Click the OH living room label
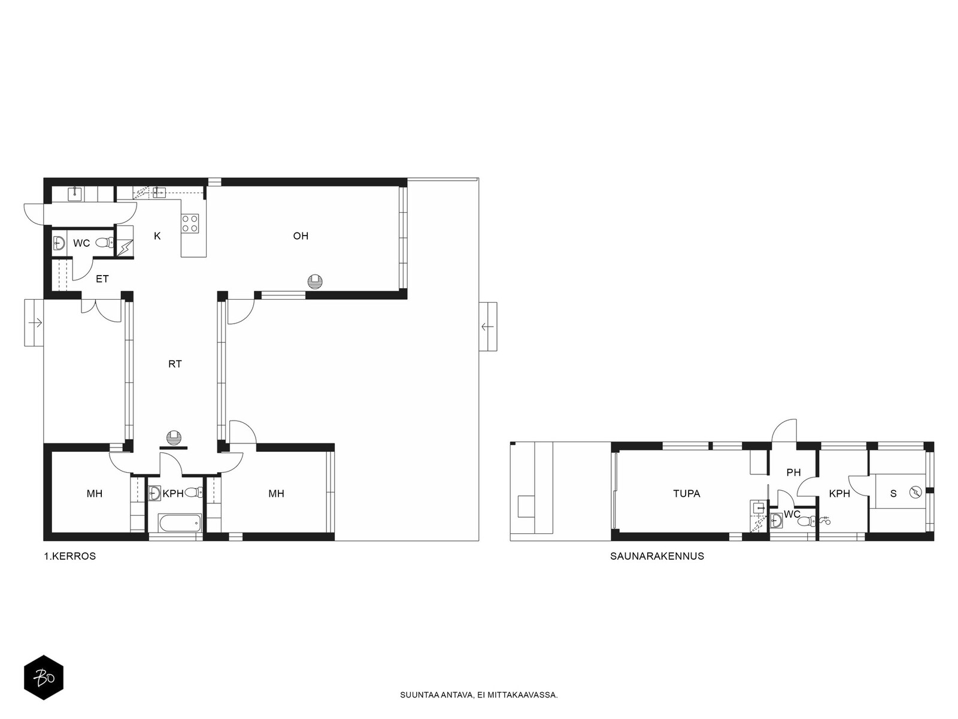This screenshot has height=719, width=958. [301, 236]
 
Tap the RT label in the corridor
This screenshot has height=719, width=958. [175, 364]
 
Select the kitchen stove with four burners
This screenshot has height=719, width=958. [190, 223]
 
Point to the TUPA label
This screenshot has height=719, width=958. [687, 494]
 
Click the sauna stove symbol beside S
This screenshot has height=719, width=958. [914, 492]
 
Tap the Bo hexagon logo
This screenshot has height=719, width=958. [44, 678]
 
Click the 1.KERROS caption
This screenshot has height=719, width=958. [70, 556]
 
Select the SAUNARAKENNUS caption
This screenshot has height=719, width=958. [657, 556]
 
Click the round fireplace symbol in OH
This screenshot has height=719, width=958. [315, 282]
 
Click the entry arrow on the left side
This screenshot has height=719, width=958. [35, 323]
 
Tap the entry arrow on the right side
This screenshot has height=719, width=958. [487, 326]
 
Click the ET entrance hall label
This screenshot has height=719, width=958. [102, 279]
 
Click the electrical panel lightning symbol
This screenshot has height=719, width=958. [125, 248]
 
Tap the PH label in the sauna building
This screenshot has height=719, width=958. [793, 472]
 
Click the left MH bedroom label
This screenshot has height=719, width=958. [94, 494]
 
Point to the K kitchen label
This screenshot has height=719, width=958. [157, 236]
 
